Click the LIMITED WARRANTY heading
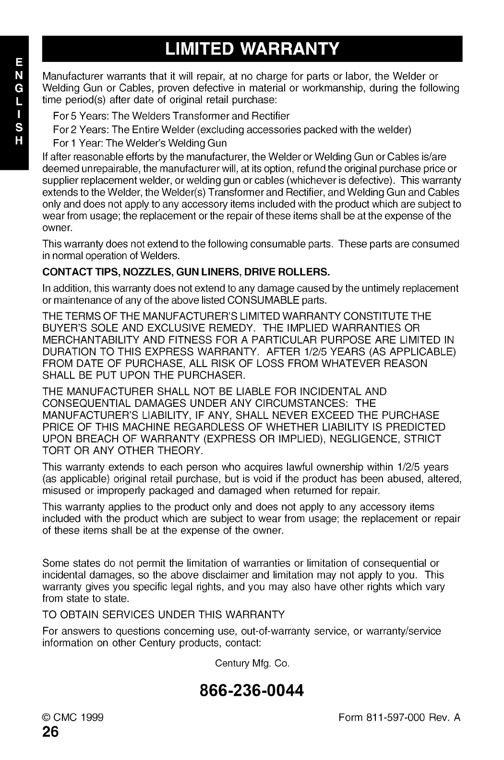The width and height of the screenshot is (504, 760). tap(252, 49)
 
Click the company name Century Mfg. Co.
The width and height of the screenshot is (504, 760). tap(252, 664)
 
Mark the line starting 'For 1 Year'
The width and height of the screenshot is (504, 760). tap(140, 143)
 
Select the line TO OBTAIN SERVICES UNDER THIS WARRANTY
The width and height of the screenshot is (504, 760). tap(163, 615)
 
